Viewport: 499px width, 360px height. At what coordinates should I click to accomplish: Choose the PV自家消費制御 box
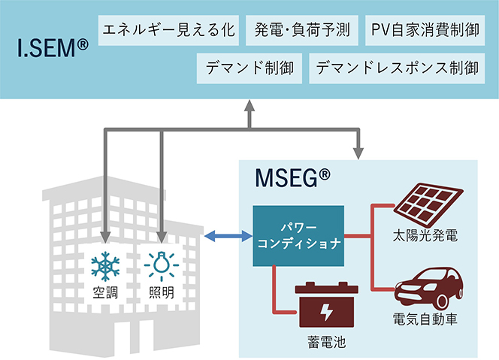(425, 31)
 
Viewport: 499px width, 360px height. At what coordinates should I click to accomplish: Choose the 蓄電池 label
(321, 340)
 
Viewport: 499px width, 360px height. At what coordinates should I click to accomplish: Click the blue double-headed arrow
(228, 236)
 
